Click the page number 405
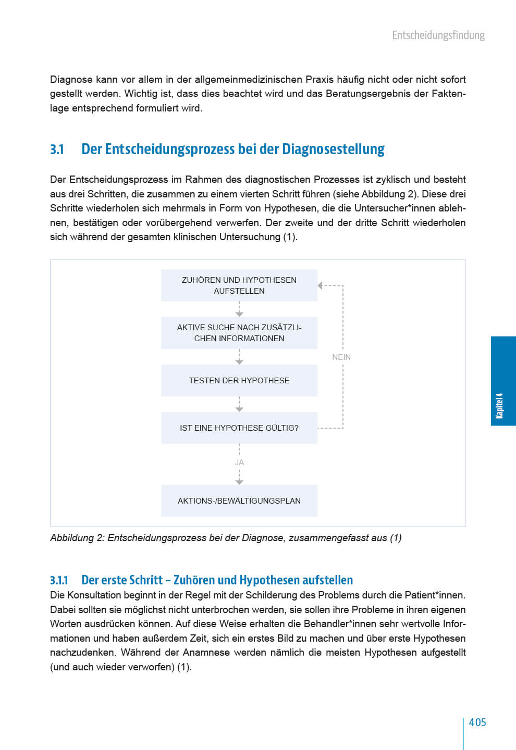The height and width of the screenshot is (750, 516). pos(477,722)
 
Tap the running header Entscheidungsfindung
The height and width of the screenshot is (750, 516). pos(438,35)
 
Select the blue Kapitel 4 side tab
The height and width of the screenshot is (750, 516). pos(503,381)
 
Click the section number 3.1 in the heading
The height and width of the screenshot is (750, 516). pos(57,149)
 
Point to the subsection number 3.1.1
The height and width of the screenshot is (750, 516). pos(59,580)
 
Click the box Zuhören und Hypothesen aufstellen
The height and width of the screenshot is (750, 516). pos(239,285)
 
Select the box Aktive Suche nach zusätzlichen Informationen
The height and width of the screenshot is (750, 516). pos(239,333)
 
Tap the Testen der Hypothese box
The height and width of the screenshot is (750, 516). pos(239,381)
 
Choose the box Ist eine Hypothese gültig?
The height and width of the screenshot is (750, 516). pos(239,428)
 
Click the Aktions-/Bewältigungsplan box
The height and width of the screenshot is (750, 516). pos(239,501)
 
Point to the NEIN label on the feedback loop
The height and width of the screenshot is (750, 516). pos(341,357)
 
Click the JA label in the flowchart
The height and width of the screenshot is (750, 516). pos(239,463)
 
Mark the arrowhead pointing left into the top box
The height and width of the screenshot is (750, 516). pos(321,285)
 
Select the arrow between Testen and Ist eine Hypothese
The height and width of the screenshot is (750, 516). pos(239,405)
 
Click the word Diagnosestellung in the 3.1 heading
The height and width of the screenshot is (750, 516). pos(333,149)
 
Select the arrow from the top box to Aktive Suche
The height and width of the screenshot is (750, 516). pos(239,309)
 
